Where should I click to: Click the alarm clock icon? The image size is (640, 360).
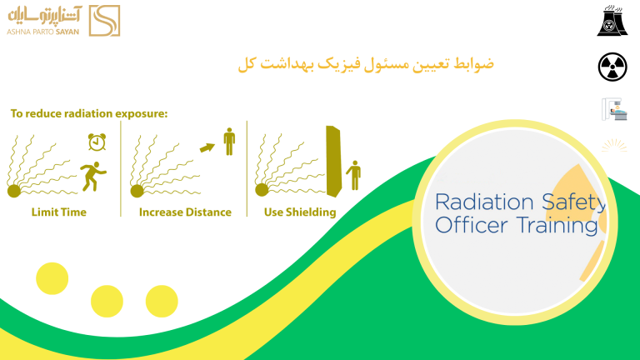pyautogui.click(x=97, y=142)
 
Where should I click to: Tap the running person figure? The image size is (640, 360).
pyautogui.click(x=93, y=177)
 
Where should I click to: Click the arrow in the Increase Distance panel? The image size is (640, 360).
pyautogui.click(x=207, y=147)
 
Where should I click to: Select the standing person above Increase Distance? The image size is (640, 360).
pyautogui.click(x=229, y=142)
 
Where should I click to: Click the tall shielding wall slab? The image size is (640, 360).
pyautogui.click(x=333, y=161)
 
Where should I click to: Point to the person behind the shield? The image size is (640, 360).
pyautogui.click(x=354, y=176)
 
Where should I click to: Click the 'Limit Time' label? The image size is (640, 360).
pyautogui.click(x=59, y=212)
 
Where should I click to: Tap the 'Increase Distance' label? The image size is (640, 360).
pyautogui.click(x=185, y=212)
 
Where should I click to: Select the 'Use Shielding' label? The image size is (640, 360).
pyautogui.click(x=300, y=212)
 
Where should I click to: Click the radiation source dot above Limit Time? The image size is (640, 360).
pyautogui.click(x=14, y=191)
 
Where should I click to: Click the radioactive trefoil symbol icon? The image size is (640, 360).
pyautogui.click(x=612, y=67)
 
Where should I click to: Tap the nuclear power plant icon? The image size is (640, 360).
pyautogui.click(x=612, y=21)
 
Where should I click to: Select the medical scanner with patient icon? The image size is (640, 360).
pyautogui.click(x=614, y=109)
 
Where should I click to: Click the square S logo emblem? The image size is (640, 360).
pyautogui.click(x=104, y=21)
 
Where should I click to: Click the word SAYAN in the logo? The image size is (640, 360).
pyautogui.click(x=67, y=32)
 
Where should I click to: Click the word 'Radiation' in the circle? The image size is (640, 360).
pyautogui.click(x=484, y=202)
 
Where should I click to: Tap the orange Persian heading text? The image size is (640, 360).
pyautogui.click(x=366, y=64)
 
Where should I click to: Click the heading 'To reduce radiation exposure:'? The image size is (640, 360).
pyautogui.click(x=89, y=113)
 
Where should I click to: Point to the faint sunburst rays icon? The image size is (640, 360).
pyautogui.click(x=614, y=146)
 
